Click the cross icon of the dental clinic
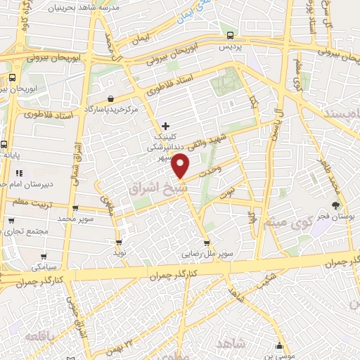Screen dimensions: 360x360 click(x=166, y=126)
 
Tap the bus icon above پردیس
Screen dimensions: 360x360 click(x=230, y=34)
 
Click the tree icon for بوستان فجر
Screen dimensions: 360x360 click(x=335, y=206)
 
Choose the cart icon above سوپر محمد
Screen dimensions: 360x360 click(x=75, y=208)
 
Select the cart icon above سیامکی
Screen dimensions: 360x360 click(x=45, y=257)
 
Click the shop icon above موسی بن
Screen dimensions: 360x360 click(x=281, y=346)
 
